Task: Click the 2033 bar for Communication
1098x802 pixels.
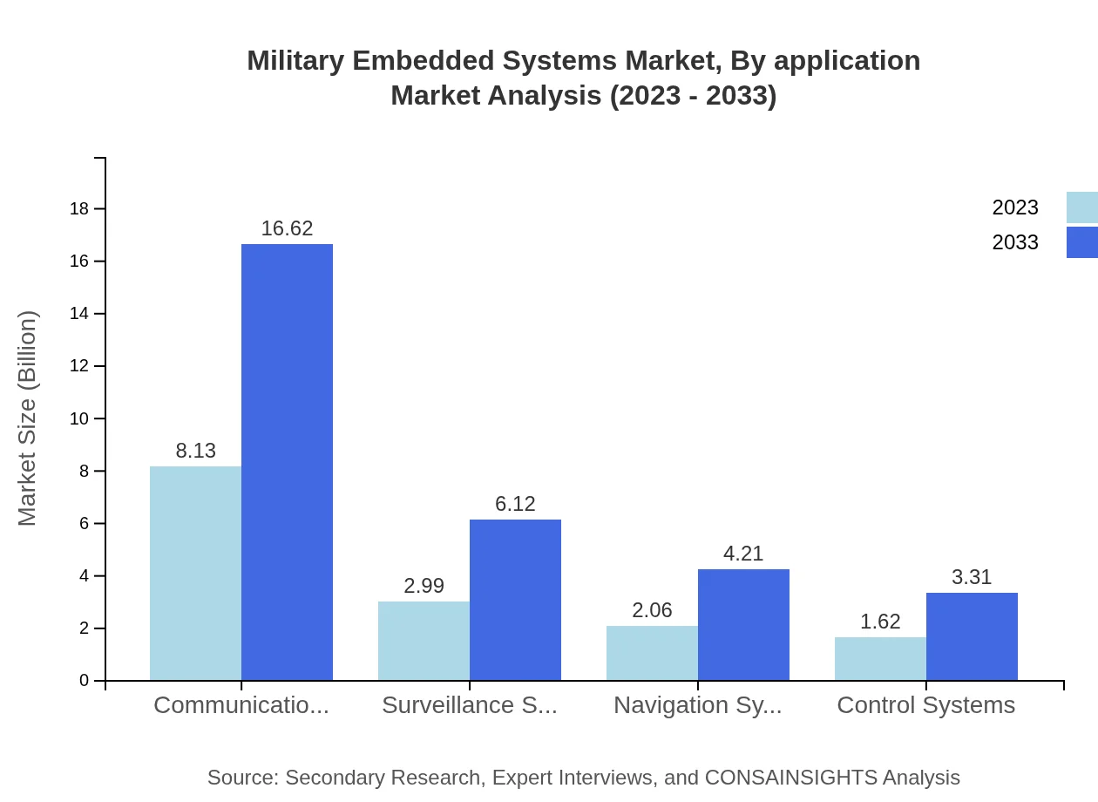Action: [x=287, y=462]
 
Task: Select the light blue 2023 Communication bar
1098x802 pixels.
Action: [x=195, y=573]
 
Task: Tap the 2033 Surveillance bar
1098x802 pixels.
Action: [x=515, y=600]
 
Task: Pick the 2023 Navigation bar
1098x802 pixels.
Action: [x=652, y=653]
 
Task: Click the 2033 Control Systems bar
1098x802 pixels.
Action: [x=972, y=636]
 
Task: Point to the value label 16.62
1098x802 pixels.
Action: [x=287, y=228]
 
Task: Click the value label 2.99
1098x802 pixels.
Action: [x=424, y=586]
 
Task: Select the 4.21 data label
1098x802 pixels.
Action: [x=743, y=554]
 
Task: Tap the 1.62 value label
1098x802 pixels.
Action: [x=880, y=622]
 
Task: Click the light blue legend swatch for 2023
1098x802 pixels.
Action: [x=1081, y=207]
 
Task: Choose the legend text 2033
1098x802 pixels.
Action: [x=1015, y=242]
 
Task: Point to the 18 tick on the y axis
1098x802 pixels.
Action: [x=79, y=208]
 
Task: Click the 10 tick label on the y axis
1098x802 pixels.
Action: [x=79, y=418]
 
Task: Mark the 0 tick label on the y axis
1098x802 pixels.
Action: [x=84, y=680]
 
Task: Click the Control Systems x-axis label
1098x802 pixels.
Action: [x=925, y=705]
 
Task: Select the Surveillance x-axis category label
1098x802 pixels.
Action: [x=469, y=705]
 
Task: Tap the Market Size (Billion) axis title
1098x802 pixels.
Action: [x=27, y=418]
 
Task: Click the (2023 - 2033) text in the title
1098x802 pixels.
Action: [x=693, y=95]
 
